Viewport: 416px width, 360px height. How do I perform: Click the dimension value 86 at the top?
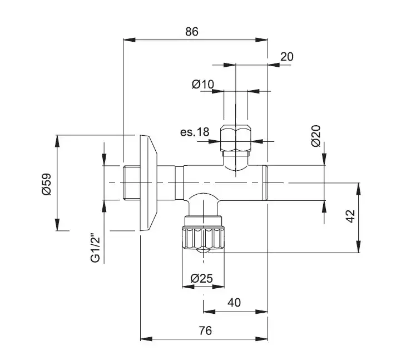pyautogui.click(x=191, y=32)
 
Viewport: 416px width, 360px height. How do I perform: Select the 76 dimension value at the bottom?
pyautogui.click(x=205, y=331)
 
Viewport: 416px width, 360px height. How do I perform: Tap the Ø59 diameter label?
pyautogui.click(x=46, y=184)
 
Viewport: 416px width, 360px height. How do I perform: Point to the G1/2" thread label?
pyautogui.click(x=95, y=248)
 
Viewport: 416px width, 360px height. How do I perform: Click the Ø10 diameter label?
pyautogui.click(x=203, y=85)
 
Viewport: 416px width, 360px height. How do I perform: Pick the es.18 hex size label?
pyautogui.click(x=195, y=132)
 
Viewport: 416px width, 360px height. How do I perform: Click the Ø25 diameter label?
pyautogui.click(x=202, y=279)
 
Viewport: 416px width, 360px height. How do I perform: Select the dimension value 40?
pyautogui.click(x=234, y=302)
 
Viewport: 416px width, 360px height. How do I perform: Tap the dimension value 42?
pyautogui.click(x=350, y=216)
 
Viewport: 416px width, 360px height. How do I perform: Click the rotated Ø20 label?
pyautogui.click(x=316, y=136)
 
